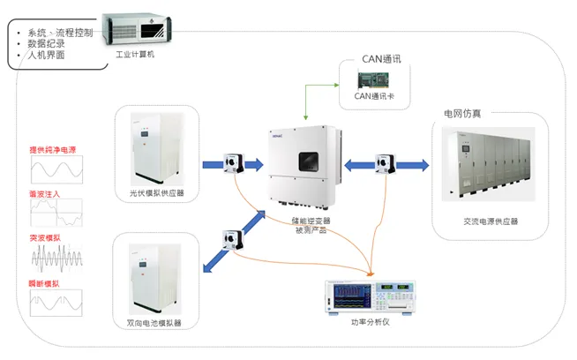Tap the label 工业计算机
pos(135,55)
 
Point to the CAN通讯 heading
pos(381,60)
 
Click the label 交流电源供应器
pos(491,221)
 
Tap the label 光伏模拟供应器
pos(156,193)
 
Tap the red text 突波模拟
pos(45,237)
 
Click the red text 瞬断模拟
pos(45,282)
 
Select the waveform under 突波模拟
pos(56,259)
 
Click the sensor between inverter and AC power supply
pos(385,164)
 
